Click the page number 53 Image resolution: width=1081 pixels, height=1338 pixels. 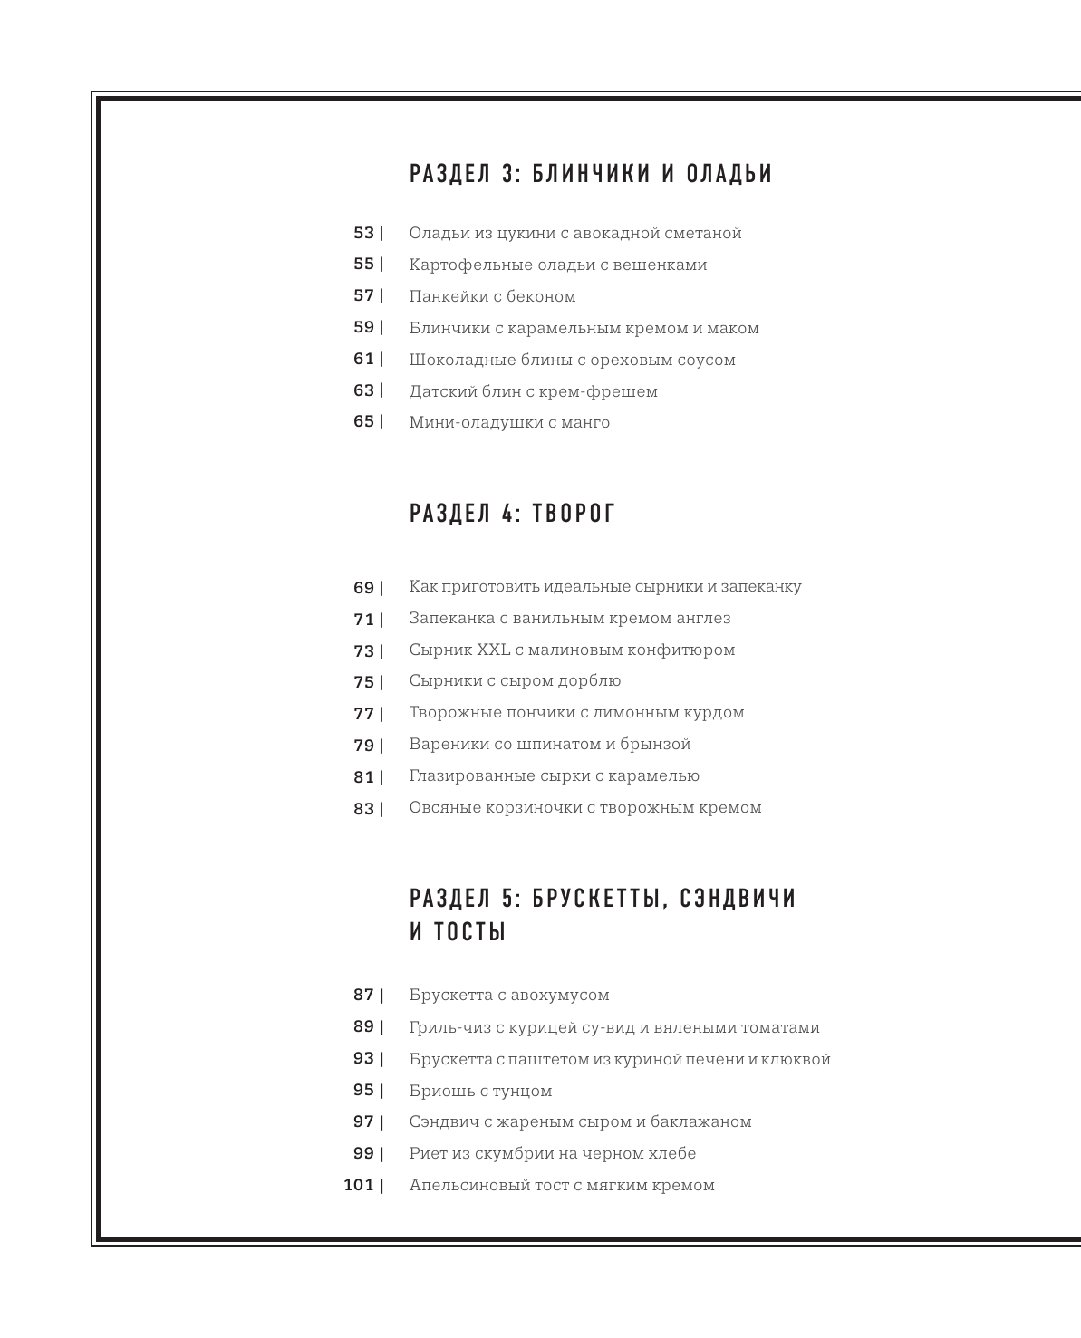tap(363, 233)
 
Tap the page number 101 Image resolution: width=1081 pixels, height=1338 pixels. tap(359, 1185)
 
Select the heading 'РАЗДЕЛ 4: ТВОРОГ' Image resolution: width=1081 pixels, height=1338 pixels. tap(512, 514)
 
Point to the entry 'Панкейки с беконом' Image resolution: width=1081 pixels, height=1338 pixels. tap(492, 296)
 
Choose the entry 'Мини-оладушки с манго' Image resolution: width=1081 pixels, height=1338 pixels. tap(509, 422)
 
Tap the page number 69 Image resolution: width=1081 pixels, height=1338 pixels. tap(363, 588)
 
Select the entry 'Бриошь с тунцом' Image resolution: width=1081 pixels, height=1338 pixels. tap(480, 1091)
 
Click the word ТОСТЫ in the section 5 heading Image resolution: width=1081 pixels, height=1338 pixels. tap(469, 932)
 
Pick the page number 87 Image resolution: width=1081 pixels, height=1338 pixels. tap(363, 995)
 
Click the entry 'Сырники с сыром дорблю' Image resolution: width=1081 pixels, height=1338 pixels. tap(515, 680)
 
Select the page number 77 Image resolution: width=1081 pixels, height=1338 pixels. tap(363, 714)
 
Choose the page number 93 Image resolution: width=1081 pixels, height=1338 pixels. tap(363, 1058)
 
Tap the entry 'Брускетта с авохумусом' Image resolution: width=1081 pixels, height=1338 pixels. tap(509, 995)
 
